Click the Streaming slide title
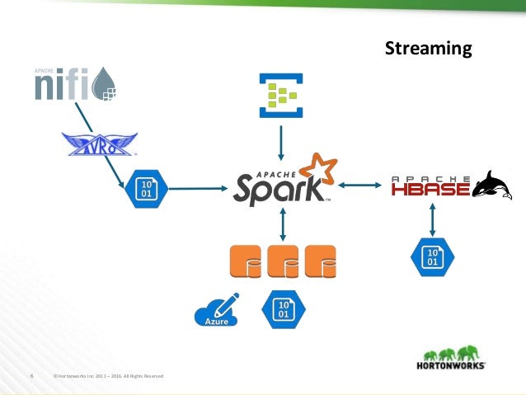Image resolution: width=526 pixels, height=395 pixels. click(x=429, y=49)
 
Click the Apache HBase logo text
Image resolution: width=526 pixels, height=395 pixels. click(x=430, y=187)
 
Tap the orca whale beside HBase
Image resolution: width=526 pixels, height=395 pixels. click(x=494, y=185)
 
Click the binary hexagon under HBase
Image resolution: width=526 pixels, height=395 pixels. click(x=430, y=256)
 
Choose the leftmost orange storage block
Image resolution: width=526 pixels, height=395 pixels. click(x=247, y=261)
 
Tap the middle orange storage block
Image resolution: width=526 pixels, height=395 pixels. click(x=284, y=261)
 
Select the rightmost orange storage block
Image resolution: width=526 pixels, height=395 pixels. click(x=321, y=261)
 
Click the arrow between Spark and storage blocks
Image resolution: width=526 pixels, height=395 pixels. click(x=283, y=223)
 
